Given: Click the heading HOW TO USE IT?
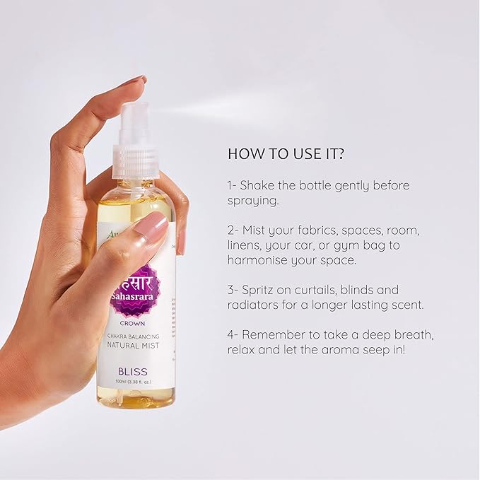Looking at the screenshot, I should [x=287, y=153].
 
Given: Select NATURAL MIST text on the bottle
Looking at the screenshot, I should [x=136, y=347].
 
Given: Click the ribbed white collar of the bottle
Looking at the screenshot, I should [x=136, y=162].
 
